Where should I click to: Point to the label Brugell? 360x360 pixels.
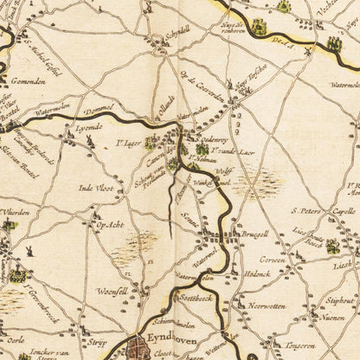(250, 235)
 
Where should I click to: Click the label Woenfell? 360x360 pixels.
(112, 291)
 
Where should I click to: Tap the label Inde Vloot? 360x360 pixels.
(95, 186)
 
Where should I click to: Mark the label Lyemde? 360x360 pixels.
(88, 127)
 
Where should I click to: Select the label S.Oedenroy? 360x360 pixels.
(211, 138)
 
